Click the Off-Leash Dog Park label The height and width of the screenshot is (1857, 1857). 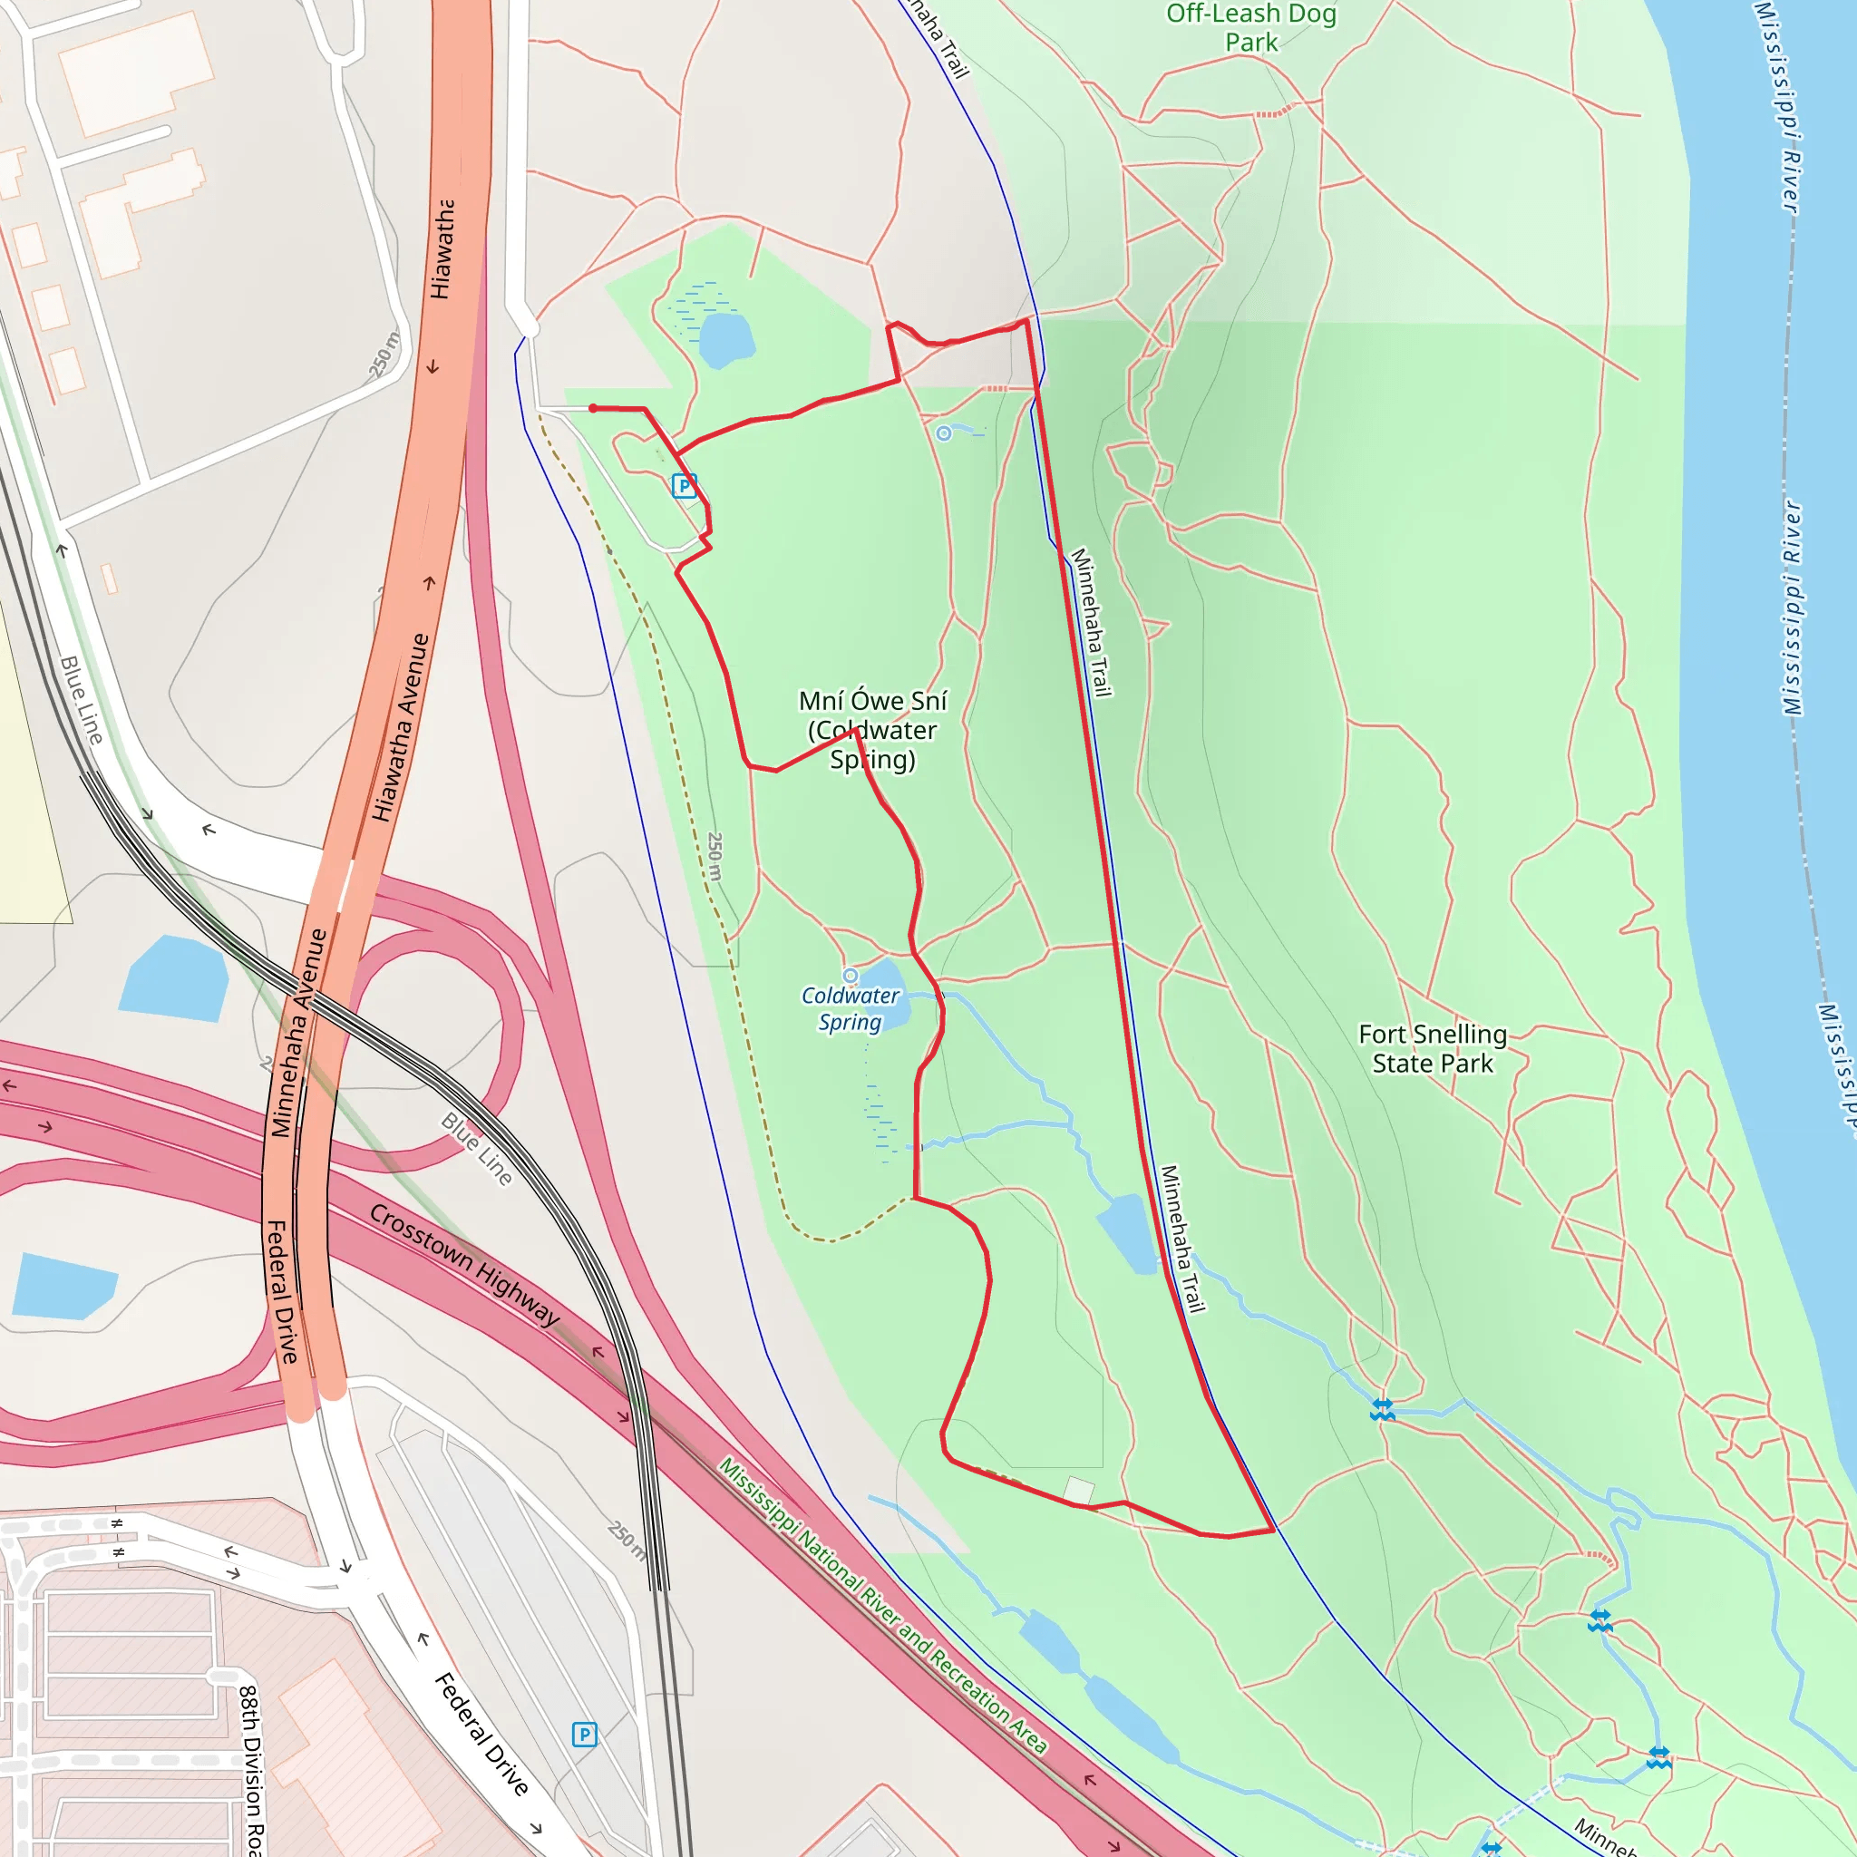[1250, 28]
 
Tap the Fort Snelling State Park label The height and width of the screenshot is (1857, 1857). [1432, 1049]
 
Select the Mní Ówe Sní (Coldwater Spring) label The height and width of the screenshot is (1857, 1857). [873, 731]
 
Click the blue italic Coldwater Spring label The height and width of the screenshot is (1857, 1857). [851, 1008]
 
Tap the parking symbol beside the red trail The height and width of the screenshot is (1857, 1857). [684, 485]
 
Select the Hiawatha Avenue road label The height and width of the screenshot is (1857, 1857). [401, 726]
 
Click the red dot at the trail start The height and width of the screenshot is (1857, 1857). [593, 409]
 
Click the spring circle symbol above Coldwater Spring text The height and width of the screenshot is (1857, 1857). [850, 976]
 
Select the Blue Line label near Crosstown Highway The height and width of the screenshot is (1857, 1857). [477, 1149]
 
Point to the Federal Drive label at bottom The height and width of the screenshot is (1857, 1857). [481, 1734]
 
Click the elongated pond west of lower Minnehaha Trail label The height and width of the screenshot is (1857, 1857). [1127, 1234]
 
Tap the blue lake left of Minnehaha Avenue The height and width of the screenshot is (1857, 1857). [174, 978]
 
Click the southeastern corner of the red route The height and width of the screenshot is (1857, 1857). [1274, 1530]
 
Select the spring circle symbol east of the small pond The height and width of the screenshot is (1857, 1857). [944, 433]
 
